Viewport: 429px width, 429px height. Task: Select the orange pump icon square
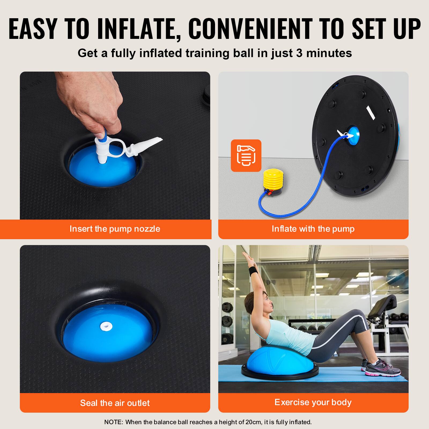click(246, 156)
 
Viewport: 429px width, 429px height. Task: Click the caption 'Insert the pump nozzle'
click(115, 229)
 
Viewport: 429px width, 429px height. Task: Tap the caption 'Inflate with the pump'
click(313, 229)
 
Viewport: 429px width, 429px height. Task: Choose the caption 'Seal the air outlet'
click(115, 403)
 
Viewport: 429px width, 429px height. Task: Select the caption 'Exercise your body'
click(313, 402)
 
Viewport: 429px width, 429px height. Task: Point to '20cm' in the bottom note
click(253, 422)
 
